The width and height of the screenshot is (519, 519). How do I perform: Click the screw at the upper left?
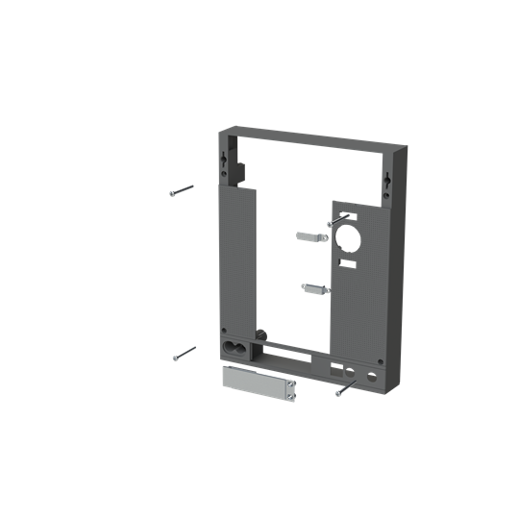coord(181,190)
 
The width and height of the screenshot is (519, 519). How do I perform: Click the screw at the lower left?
coord(184,354)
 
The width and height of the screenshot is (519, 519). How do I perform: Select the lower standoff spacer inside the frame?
coord(314,286)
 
